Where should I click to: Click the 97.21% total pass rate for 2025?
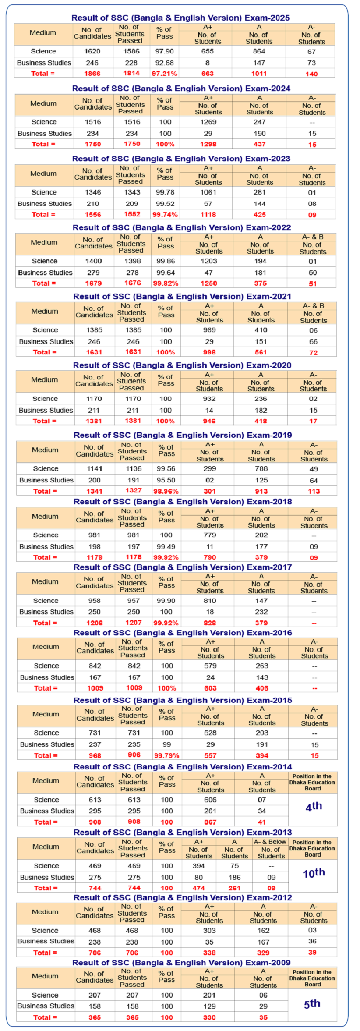[164, 74]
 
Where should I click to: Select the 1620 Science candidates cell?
[92, 51]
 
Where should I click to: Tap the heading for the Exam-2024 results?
[181, 89]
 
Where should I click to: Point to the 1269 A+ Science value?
[208, 122]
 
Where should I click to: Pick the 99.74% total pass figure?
[165, 215]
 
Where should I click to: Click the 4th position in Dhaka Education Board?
[314, 806]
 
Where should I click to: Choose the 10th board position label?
[314, 873]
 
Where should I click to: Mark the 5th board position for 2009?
[312, 1003]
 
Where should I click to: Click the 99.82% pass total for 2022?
[166, 283]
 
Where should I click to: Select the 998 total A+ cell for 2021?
[209, 352]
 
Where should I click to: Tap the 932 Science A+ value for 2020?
[209, 399]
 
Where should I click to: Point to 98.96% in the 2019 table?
[166, 492]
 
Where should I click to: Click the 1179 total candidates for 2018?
[95, 557]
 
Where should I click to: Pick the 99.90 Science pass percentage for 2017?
[166, 601]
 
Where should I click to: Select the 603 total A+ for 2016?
[210, 688]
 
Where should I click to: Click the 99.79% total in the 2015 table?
[167, 756]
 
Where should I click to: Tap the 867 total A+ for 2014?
[210, 822]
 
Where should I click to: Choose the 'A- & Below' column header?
[270, 842]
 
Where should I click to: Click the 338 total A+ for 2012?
[209, 953]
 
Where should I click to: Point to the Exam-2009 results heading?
[181, 963]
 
